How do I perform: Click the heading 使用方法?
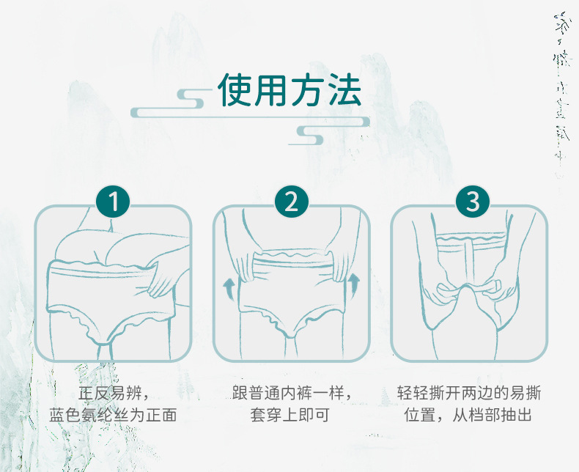pos(289,90)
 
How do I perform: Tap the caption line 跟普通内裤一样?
pos(292,392)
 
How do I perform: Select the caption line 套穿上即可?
pos(291,416)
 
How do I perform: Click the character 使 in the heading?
pos(236,90)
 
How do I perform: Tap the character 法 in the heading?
pos(344,90)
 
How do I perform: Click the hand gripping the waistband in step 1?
pos(163,277)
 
